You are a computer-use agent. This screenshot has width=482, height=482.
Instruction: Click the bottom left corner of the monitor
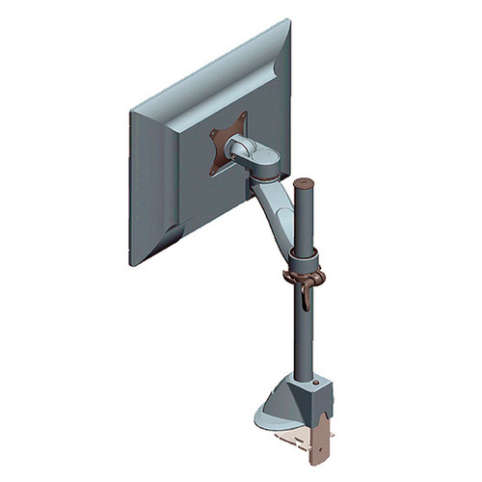coord(132,262)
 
